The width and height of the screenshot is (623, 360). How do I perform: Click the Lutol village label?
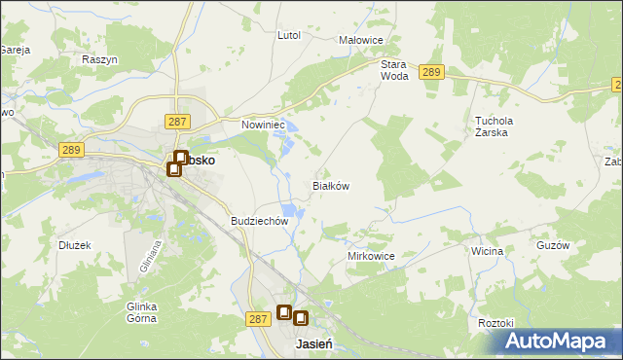tap(289, 35)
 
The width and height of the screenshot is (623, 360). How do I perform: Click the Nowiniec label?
tap(263, 125)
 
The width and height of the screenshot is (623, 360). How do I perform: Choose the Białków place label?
tap(330, 185)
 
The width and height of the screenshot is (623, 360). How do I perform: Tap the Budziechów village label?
tap(260, 221)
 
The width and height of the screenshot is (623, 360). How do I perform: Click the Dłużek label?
tap(74, 245)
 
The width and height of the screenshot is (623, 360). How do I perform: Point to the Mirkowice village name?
tap(371, 256)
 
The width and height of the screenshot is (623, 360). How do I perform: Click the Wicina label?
tap(487, 251)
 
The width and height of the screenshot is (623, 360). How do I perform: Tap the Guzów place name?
tap(552, 246)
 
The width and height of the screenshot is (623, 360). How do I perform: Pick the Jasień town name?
tap(314, 344)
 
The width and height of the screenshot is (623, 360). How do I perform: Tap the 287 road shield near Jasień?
tap(257, 318)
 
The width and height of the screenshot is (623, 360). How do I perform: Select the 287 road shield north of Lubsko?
tap(176, 121)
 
